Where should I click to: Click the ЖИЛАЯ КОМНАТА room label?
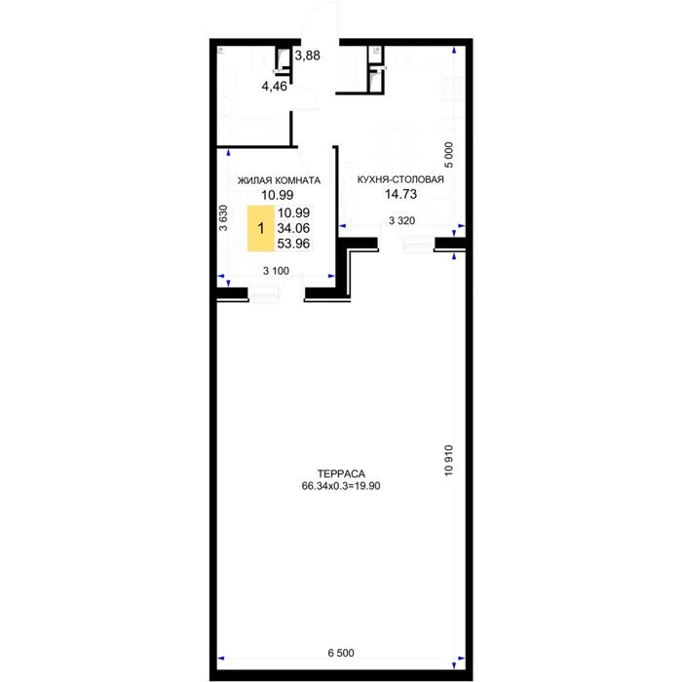click(x=279, y=180)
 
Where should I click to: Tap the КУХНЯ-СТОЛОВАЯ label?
click(x=400, y=179)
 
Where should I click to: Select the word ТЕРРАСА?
click(x=341, y=474)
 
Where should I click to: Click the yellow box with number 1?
click(x=261, y=228)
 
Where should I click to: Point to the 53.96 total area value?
click(x=293, y=244)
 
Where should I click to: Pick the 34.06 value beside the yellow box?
click(x=293, y=228)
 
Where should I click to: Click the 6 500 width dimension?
click(x=341, y=653)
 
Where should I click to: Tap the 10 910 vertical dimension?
click(x=449, y=460)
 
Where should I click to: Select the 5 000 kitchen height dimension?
click(x=449, y=155)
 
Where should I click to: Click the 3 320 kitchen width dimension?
click(x=401, y=221)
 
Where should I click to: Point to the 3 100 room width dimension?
click(x=276, y=271)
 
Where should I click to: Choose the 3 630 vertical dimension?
click(x=223, y=217)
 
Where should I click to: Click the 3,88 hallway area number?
click(x=308, y=56)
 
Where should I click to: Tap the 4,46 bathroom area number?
click(x=274, y=87)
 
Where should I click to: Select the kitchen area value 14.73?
click(x=400, y=194)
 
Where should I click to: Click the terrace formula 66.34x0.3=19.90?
click(x=341, y=486)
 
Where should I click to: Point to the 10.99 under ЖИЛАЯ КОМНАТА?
click(x=277, y=195)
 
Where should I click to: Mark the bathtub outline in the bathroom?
click(x=254, y=130)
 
